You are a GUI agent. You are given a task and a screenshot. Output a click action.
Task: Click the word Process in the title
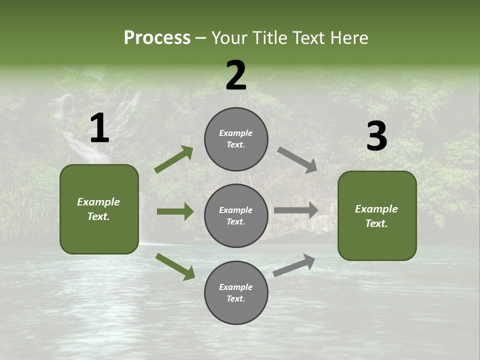(157, 38)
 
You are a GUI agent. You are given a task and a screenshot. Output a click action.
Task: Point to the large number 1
(99, 128)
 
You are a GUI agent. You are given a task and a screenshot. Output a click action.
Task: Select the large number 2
(236, 75)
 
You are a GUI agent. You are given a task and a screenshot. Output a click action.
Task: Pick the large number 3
(376, 136)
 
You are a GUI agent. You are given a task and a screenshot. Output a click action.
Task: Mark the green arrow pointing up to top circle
(174, 159)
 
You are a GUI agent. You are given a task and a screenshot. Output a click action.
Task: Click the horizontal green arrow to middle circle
(175, 211)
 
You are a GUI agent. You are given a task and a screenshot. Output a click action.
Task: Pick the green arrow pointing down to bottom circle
(175, 266)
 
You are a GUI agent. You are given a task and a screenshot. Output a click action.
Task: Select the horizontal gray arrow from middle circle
(296, 210)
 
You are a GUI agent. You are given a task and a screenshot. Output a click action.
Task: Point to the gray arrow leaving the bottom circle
(294, 265)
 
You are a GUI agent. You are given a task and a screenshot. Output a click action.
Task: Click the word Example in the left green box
(98, 202)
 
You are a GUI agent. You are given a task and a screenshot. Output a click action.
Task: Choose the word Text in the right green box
(376, 223)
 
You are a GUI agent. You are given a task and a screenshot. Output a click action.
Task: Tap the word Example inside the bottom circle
(235, 287)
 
